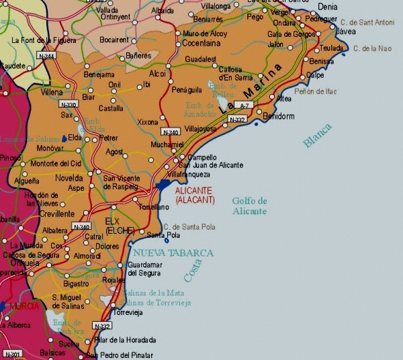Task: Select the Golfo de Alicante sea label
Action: coord(249,206)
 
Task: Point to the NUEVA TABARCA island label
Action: coord(173,253)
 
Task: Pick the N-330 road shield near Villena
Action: coord(69,104)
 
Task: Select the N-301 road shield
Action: coord(11,354)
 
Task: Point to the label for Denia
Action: coord(327,6)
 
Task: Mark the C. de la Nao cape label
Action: coord(375,48)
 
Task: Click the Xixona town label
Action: coord(147,122)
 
